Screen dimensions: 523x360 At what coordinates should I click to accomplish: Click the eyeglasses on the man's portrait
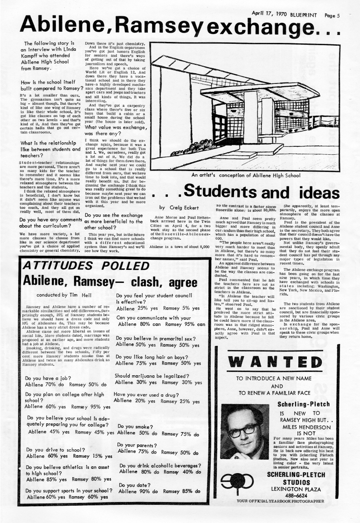tap(243, 429)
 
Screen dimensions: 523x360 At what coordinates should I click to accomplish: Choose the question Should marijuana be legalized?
tap(152, 376)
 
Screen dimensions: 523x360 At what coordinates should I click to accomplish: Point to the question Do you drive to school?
tap(55, 450)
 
